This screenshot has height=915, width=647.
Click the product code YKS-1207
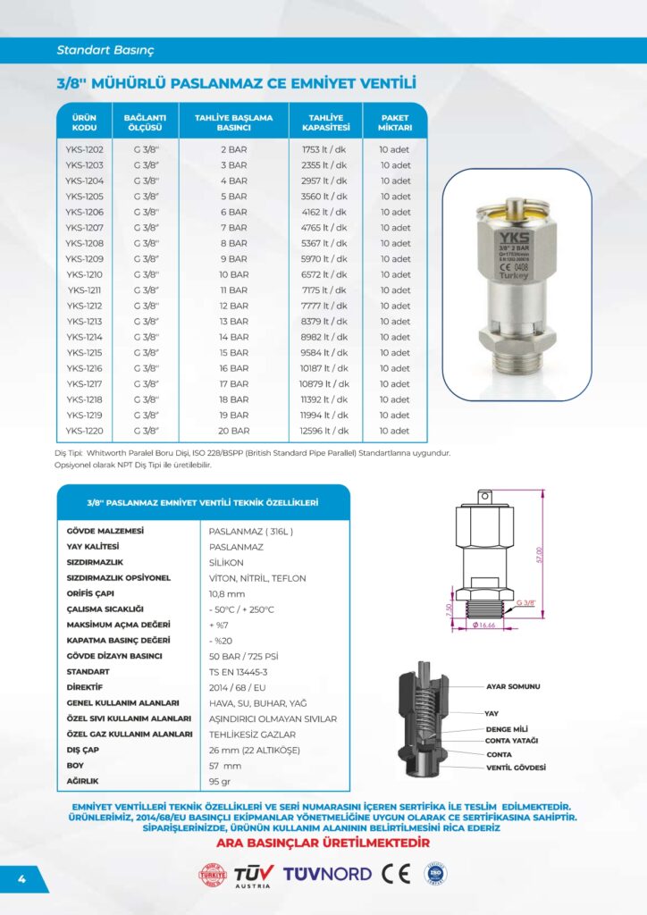coord(84,228)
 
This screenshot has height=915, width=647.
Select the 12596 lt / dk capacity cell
coord(324,431)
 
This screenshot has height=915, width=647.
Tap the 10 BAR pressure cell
coord(233,274)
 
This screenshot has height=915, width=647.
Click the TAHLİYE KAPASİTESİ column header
coord(325,122)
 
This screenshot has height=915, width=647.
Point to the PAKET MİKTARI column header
coord(395,122)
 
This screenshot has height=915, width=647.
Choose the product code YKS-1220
coord(84,431)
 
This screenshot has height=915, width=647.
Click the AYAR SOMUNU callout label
coord(513,686)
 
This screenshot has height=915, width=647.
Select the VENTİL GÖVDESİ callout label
coord(516,768)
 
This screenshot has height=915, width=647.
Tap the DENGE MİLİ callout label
coord(507,730)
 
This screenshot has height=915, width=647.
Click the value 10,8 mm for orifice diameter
coord(227,593)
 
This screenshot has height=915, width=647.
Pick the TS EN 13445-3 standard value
coord(238,671)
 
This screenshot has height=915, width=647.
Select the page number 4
coord(21,878)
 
